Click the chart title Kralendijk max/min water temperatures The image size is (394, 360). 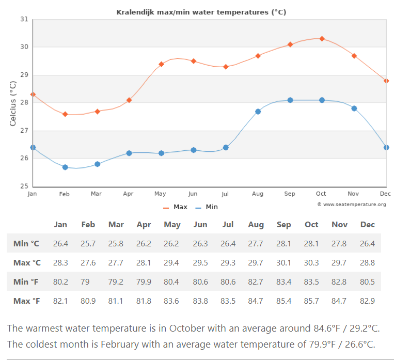coord(201,11)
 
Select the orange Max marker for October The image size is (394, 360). coord(322,39)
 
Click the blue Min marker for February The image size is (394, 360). coord(65,167)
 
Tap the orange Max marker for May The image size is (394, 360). coord(161,64)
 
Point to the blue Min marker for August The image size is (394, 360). coord(258,112)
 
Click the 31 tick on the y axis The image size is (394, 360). coord(24,20)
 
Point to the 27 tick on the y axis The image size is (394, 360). coord(24,131)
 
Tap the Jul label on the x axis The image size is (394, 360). coord(225,194)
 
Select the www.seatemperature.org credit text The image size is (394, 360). coord(352,205)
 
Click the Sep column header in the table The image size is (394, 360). coord(283,225)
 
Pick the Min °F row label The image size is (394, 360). coord(26,281)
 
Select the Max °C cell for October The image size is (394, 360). coord(311,262)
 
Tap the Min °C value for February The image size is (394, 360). coord(88,243)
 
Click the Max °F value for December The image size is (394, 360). coord(367,301)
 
